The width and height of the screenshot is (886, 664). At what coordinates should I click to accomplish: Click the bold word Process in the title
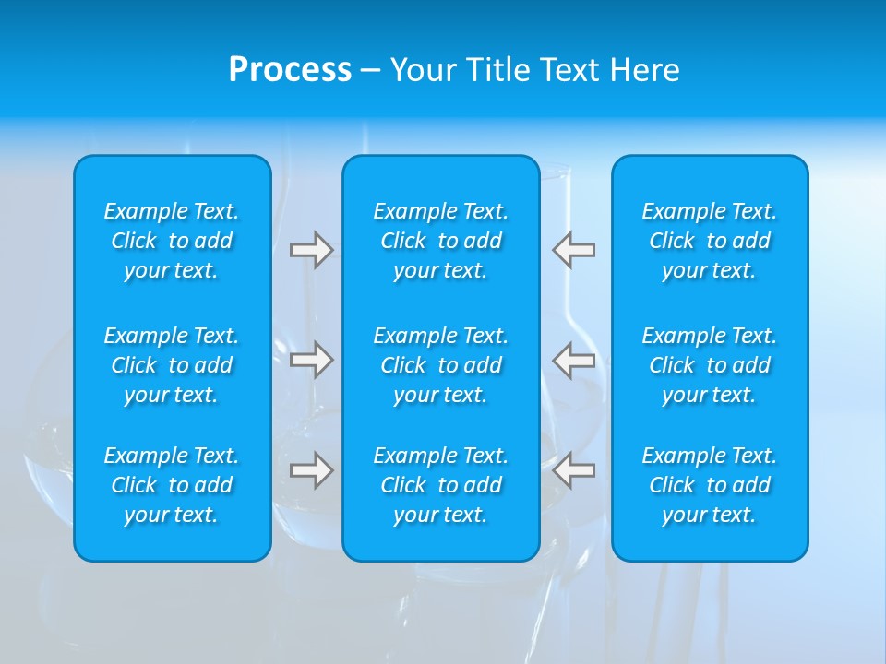click(x=290, y=70)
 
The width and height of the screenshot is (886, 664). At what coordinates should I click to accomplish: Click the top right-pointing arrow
click(x=311, y=250)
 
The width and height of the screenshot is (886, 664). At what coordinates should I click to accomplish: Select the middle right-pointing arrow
click(x=311, y=360)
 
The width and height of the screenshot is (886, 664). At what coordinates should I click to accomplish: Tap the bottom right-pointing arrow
click(x=311, y=470)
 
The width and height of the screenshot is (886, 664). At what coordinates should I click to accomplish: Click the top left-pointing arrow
click(x=574, y=250)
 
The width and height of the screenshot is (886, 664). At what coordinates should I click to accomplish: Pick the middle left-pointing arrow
click(x=574, y=360)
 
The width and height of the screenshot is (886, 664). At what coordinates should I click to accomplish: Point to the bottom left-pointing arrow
click(x=574, y=470)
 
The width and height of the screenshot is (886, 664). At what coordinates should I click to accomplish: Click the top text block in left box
click(x=172, y=241)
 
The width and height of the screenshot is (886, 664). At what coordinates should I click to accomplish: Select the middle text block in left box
click(x=172, y=365)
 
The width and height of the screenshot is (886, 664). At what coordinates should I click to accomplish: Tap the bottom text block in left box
click(x=172, y=485)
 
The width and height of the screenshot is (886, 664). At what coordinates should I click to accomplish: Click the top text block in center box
click(x=441, y=241)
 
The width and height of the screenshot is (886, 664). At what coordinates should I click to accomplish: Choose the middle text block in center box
click(x=441, y=365)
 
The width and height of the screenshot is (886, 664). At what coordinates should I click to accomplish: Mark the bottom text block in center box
click(x=441, y=485)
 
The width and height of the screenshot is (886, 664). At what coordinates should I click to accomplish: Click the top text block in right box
click(x=710, y=241)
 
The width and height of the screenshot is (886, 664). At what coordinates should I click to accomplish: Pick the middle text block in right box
click(x=710, y=365)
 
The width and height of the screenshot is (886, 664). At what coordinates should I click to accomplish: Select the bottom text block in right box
click(x=710, y=485)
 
